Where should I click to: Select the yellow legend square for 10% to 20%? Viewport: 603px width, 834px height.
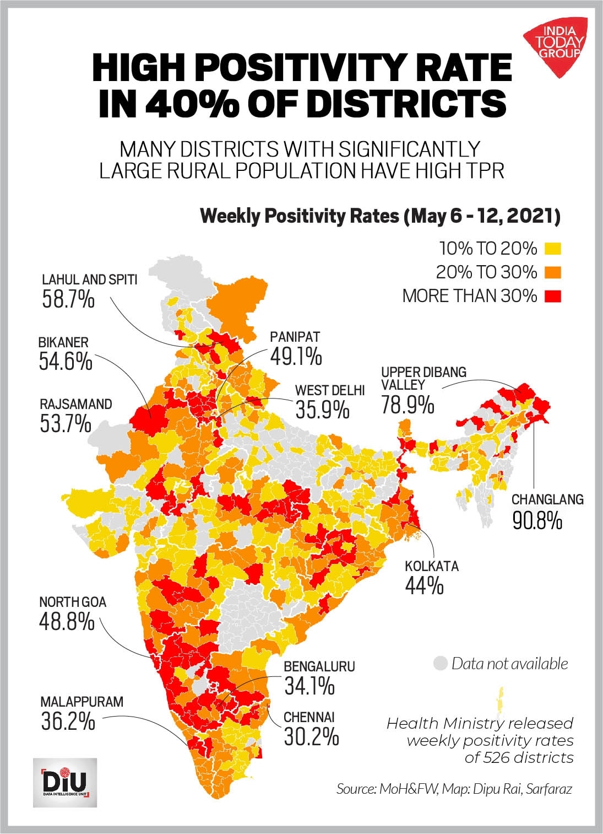point(552,249)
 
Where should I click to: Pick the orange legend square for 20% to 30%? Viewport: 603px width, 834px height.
point(552,272)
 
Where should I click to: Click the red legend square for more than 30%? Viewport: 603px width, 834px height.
point(552,296)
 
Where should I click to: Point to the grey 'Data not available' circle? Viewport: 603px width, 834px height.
point(440,663)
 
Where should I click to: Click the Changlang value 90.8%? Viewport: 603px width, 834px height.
point(537,520)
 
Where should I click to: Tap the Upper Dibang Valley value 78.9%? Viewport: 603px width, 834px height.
point(408,405)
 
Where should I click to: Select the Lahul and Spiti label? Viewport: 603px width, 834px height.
point(89,279)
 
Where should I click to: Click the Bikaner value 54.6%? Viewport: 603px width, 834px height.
point(65,362)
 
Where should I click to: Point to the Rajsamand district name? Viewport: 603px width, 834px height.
point(75,404)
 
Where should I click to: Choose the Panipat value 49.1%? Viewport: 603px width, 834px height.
point(296,357)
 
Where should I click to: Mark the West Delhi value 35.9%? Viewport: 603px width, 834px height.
point(322,410)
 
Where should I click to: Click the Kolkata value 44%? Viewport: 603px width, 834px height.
point(424,585)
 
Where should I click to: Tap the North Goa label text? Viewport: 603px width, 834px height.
point(73,602)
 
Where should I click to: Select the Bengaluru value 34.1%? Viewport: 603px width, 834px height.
point(309,686)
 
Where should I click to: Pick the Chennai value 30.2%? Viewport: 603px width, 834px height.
point(311,736)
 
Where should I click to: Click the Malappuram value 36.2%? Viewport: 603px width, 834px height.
point(68,721)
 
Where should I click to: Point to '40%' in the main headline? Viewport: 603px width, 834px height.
point(183,102)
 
